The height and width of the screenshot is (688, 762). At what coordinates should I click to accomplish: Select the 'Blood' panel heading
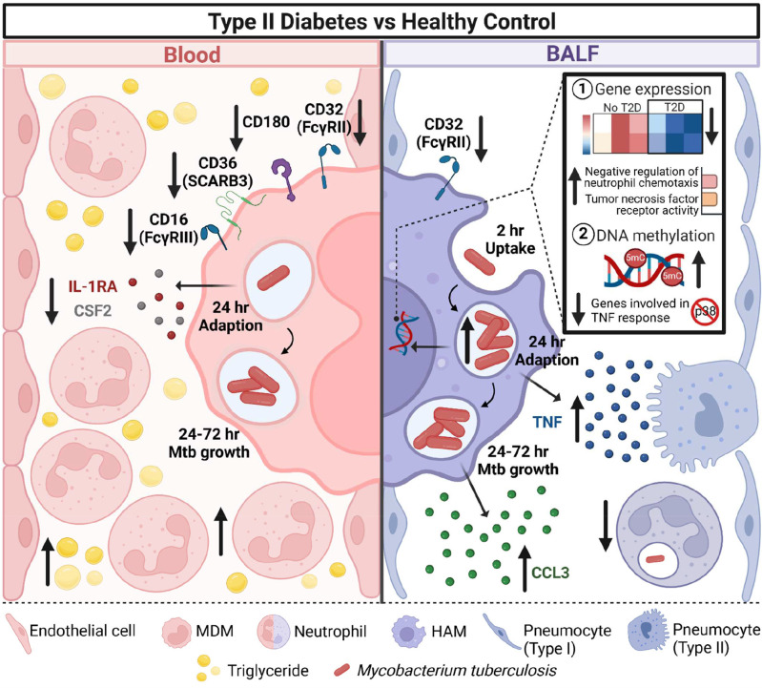(x=191, y=54)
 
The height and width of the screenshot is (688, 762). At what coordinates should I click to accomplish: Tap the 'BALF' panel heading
(x=569, y=54)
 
